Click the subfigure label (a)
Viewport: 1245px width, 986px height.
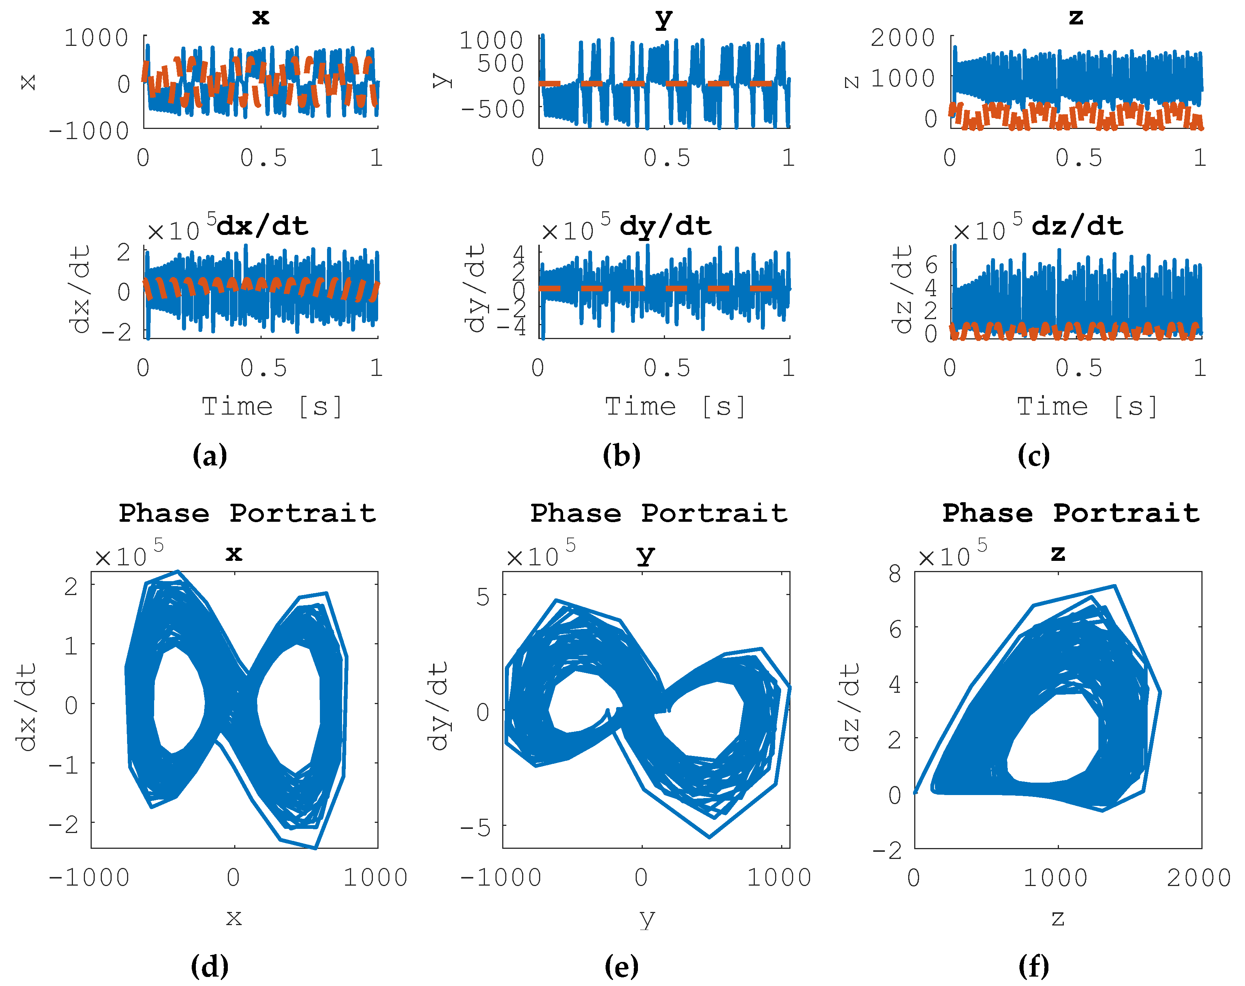tap(209, 456)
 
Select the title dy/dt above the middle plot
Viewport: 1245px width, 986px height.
tap(665, 226)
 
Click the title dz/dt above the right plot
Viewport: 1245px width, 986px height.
tap(1077, 226)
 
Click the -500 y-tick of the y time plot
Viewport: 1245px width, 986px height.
tap(492, 109)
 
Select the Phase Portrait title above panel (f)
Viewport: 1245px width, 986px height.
tap(1071, 513)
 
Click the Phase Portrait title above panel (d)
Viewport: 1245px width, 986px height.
tap(247, 513)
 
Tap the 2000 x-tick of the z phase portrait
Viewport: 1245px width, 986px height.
tap(1199, 878)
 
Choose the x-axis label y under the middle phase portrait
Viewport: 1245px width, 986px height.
tap(647, 918)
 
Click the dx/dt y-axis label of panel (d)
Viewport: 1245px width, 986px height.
tap(27, 707)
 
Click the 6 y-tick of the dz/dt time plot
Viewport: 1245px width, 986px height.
tap(931, 265)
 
